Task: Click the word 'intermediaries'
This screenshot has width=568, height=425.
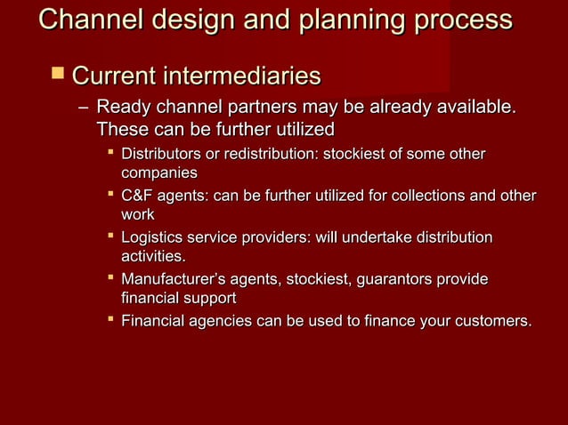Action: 241,76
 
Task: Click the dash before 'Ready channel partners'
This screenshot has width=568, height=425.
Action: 82,110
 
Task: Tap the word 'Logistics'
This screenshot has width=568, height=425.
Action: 151,238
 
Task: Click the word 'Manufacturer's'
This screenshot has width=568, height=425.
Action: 172,280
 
